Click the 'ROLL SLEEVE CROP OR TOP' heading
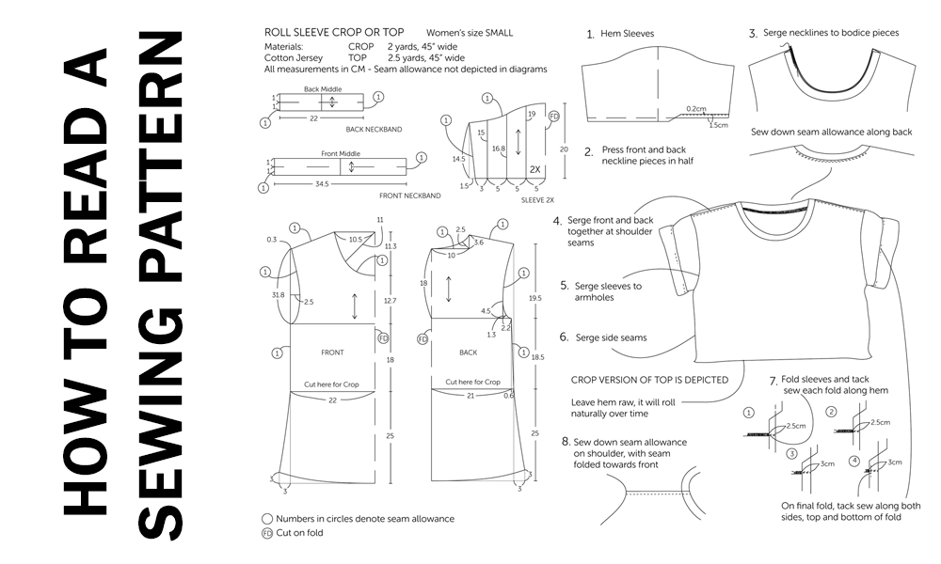(334, 32)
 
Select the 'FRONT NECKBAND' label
(410, 196)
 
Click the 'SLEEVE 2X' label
(536, 200)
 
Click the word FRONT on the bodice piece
(331, 352)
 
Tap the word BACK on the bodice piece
(467, 352)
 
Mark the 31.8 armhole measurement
(278, 294)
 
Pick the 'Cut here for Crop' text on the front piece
(331, 384)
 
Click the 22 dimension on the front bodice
(332, 399)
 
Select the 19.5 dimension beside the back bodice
(534, 296)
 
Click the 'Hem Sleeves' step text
(628, 34)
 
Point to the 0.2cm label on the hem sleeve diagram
(696, 108)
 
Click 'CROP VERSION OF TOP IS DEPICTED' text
(650, 380)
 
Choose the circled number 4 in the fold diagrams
(853, 460)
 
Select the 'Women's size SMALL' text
(470, 33)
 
